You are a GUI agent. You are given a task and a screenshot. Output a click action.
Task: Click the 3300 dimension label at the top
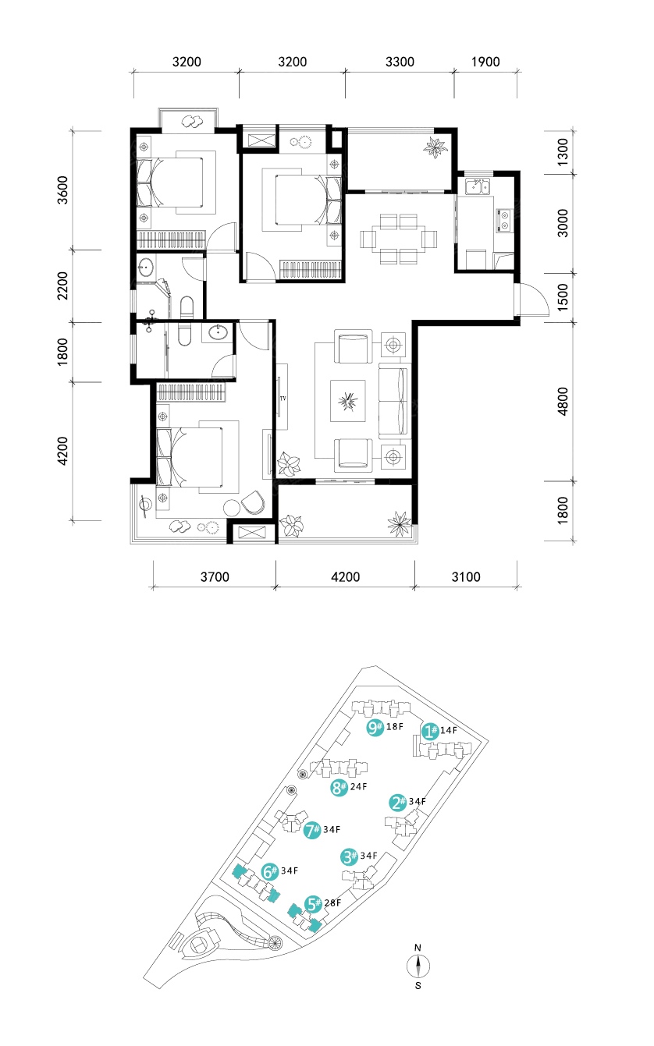pos(400,62)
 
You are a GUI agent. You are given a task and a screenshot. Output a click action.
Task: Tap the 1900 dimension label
pos(485,62)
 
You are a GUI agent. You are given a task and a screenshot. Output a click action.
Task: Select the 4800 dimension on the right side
pos(563,401)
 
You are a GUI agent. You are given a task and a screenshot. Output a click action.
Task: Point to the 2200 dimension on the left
pos(62,285)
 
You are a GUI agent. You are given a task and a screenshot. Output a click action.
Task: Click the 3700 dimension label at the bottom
pos(215,576)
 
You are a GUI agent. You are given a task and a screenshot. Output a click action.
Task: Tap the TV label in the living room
pos(283,399)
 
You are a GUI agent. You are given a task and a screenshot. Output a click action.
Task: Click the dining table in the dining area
pos(399,239)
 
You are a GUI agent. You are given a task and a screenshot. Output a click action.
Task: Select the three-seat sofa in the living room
pos(393,401)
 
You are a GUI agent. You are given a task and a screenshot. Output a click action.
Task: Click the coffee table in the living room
pos(347,401)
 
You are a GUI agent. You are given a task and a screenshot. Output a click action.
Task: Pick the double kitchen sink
pos(478,186)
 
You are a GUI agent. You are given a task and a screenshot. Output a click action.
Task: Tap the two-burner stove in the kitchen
pos(504,221)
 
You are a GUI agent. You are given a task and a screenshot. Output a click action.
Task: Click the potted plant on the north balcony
pos(435,147)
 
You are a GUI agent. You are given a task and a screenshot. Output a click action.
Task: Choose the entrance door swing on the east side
pos(533,300)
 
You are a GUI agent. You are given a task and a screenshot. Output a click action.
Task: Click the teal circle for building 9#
pos(375,727)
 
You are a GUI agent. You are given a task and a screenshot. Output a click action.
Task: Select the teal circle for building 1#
pos(430,731)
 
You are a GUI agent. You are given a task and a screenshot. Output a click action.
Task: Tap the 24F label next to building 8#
pos(358,786)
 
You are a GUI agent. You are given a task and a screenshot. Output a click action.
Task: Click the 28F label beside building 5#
pos(332,902)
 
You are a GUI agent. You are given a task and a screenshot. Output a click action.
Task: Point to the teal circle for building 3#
pos(349,856)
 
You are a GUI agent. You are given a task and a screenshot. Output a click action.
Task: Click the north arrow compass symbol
pos(418,966)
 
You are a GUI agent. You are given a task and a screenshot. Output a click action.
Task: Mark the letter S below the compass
pos(418,986)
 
